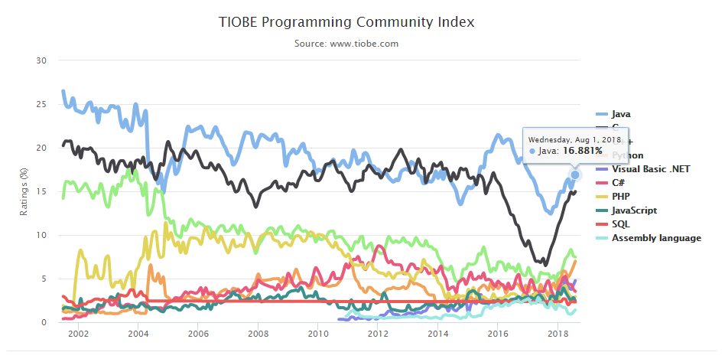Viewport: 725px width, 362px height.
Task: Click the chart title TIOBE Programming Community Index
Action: coord(346,22)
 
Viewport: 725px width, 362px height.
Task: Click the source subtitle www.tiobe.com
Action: coord(346,44)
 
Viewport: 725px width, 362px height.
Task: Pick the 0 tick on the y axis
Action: coord(44,322)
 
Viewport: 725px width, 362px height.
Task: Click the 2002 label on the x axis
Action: coord(78,334)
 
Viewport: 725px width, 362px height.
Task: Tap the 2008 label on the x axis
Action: coord(258,334)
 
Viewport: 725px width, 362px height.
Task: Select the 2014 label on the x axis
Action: coord(437,334)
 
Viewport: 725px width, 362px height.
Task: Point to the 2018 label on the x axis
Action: coord(558,334)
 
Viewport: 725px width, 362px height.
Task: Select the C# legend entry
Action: coord(619,182)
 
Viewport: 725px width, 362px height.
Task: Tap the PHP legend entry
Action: coord(621,196)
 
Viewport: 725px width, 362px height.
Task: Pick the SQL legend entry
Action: coord(620,223)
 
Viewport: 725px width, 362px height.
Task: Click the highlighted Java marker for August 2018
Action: coord(575,175)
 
